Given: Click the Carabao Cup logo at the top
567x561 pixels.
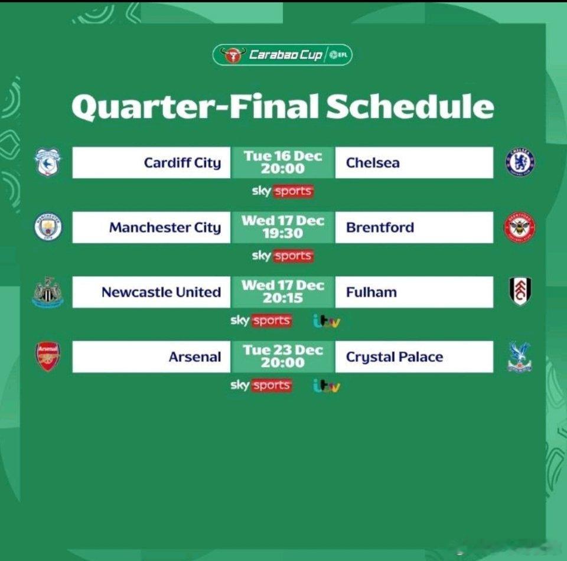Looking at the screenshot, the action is pyautogui.click(x=282, y=55).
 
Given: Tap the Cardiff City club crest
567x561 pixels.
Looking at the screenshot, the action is pyautogui.click(x=48, y=162).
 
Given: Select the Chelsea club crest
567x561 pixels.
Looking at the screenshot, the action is pyautogui.click(x=520, y=162).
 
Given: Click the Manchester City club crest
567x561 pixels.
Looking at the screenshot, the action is pyautogui.click(x=48, y=227).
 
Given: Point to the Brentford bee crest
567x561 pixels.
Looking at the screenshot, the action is pyautogui.click(x=520, y=227).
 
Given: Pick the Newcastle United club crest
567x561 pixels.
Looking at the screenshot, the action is pyautogui.click(x=48, y=292).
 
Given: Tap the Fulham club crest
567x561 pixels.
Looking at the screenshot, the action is pyautogui.click(x=520, y=291).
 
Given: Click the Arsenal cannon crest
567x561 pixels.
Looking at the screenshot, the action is pyautogui.click(x=48, y=357).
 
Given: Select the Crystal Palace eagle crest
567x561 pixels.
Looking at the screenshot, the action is pyautogui.click(x=520, y=357).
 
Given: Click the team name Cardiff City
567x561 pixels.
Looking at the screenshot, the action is pyautogui.click(x=183, y=163).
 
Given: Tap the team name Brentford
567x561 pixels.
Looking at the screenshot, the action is pyautogui.click(x=380, y=227).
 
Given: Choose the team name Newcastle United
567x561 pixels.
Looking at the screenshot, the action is pyautogui.click(x=161, y=292).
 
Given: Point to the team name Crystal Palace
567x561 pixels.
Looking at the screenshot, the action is pyautogui.click(x=395, y=357).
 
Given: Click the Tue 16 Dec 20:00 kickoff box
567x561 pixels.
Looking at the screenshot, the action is pyautogui.click(x=283, y=162).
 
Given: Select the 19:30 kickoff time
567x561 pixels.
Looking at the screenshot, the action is pyautogui.click(x=283, y=233).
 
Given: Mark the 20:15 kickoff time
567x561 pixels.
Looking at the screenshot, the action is pyautogui.click(x=283, y=298).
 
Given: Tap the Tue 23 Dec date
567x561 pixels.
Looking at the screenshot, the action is pyautogui.click(x=283, y=350).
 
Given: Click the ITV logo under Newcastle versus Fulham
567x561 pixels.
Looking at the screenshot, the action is pyautogui.click(x=327, y=321).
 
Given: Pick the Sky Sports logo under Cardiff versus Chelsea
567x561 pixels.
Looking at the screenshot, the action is pyautogui.click(x=283, y=191).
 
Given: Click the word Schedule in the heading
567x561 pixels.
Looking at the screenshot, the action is pyautogui.click(x=410, y=106).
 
